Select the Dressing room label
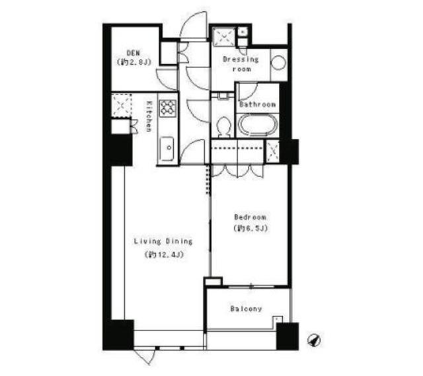241,63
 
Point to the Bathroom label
257,104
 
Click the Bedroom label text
250,217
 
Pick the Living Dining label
163,241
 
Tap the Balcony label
246,309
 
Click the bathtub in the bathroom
258,126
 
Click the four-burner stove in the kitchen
168,108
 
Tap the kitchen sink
166,146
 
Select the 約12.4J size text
163,254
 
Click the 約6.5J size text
250,229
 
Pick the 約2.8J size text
134,63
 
